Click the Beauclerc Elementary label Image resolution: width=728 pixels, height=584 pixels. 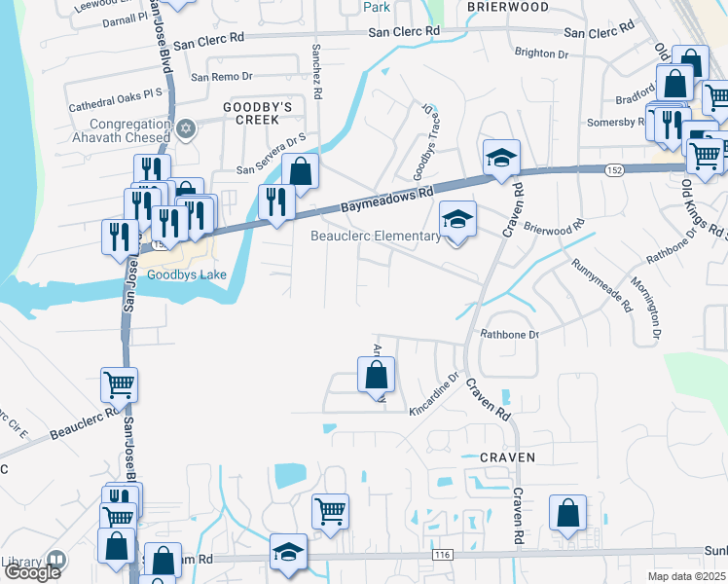point(376,236)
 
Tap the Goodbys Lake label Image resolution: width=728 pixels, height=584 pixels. point(186,274)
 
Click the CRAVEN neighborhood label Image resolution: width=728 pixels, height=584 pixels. point(508,456)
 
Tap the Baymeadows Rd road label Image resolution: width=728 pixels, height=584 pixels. point(385,201)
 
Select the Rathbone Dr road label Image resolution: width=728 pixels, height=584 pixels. point(508,335)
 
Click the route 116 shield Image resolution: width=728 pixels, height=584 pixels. point(443,554)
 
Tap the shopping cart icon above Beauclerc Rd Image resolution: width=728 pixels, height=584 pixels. point(119,384)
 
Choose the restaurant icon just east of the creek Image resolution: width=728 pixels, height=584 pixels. point(276,201)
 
